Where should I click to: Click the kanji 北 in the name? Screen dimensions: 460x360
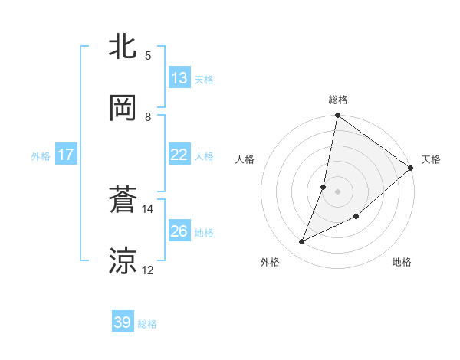point(123,47)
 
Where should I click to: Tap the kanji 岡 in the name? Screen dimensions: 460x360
point(123,108)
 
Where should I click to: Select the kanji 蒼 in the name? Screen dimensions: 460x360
point(123,201)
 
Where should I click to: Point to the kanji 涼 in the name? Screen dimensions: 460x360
point(123,261)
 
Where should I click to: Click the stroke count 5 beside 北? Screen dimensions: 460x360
point(148,55)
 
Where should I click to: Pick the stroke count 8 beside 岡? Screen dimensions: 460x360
point(148,116)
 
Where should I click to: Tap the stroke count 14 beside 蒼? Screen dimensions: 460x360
point(148,208)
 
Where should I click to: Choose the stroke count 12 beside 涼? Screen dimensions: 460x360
point(148,270)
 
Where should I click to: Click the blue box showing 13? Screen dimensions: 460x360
point(179,78)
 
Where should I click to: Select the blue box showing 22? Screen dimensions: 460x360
point(179,155)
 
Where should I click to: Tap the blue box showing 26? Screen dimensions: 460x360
point(179,231)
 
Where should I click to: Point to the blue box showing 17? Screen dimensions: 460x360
point(66,155)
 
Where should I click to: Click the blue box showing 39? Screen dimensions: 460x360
point(123,322)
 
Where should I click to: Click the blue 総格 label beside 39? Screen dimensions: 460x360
point(147,324)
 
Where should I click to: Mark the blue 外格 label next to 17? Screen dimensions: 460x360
point(41,156)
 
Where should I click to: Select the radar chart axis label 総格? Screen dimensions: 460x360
point(337,100)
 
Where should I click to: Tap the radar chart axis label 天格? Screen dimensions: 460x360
point(431,159)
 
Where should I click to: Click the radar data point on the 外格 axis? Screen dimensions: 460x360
point(302,242)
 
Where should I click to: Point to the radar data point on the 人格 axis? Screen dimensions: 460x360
point(324,187)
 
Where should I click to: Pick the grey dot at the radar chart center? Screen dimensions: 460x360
point(337,191)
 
